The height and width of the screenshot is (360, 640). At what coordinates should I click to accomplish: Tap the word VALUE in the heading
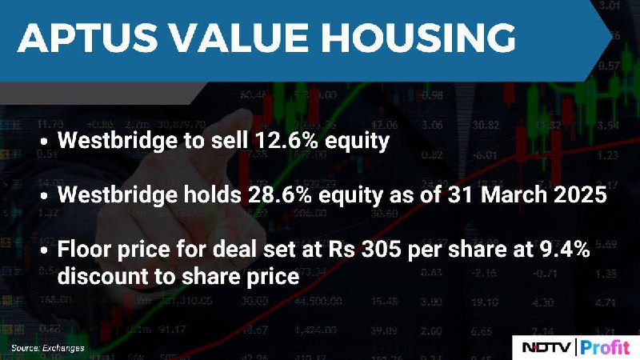(239, 38)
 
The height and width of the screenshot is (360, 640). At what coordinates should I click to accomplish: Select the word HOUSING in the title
(418, 38)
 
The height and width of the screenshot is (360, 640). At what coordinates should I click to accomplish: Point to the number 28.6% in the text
(280, 194)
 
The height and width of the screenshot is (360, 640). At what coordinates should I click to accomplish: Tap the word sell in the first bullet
(230, 140)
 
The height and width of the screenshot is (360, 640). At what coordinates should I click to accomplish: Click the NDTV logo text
(546, 347)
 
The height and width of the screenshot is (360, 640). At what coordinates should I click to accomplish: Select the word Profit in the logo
(605, 347)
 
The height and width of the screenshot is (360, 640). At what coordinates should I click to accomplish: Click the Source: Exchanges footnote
(48, 348)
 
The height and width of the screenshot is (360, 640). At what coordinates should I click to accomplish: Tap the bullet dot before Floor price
(44, 250)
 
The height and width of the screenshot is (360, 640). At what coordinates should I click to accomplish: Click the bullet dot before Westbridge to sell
(44, 142)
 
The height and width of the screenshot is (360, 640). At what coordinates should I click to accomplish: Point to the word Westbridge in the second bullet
(118, 194)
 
